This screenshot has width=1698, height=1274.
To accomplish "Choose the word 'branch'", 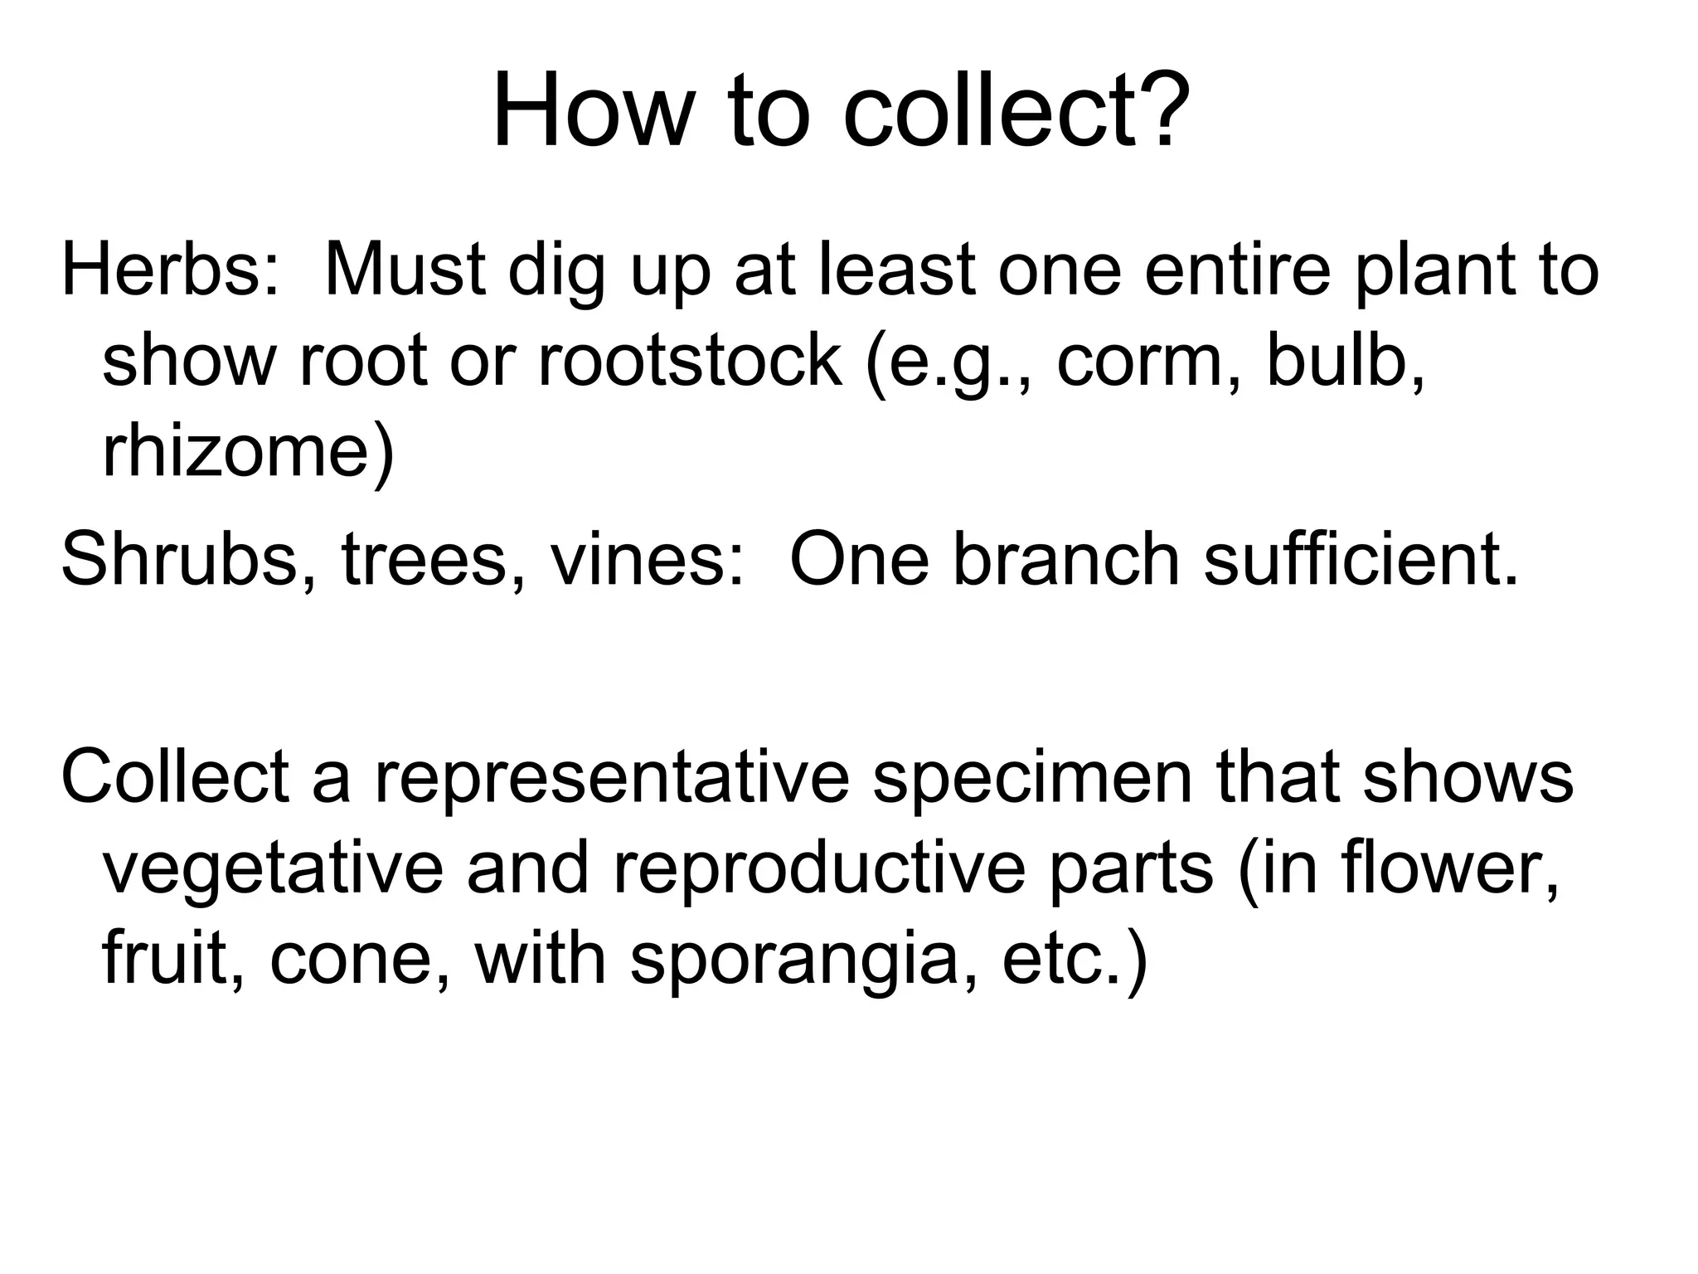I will pos(1066,559).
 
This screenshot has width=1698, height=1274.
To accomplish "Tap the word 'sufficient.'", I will pos(1361,559).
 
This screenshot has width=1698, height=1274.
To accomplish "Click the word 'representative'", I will pos(613,778).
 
